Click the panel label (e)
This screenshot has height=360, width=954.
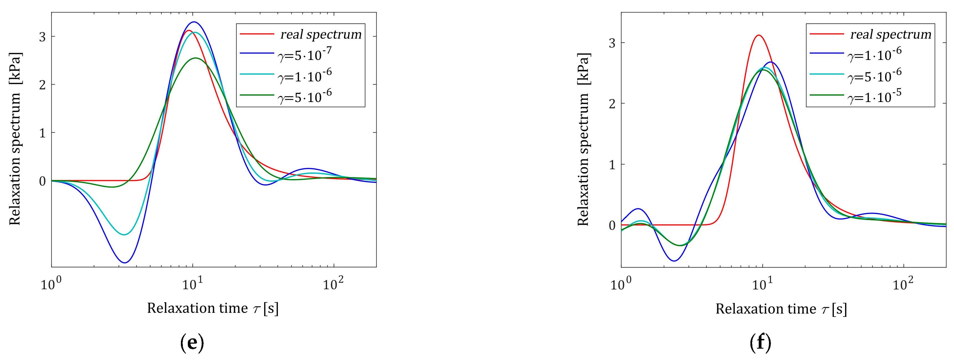point(192,343)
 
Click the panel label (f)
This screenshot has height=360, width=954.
point(760,343)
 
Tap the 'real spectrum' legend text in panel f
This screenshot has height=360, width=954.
point(890,34)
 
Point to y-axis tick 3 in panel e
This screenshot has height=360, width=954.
point(43,37)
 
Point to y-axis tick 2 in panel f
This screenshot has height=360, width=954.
point(612,104)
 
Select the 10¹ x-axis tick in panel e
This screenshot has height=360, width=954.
point(192,284)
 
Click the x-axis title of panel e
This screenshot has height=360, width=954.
point(212,308)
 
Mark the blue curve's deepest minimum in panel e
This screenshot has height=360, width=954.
point(125,263)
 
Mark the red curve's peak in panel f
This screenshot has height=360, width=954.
point(759,35)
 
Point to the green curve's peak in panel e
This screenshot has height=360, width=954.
point(196,58)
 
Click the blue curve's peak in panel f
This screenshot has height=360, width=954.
point(771,62)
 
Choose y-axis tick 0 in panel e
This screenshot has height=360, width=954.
point(43,181)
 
